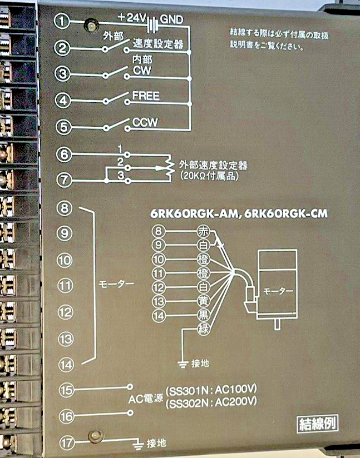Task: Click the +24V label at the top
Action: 132,18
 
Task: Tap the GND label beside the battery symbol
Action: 172,19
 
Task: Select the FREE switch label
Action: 146,96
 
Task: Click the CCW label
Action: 145,122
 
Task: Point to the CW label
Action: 142,71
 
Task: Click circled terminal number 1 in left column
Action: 62,21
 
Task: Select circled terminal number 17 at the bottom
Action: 67,443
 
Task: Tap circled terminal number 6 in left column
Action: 64,155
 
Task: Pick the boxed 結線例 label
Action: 318,424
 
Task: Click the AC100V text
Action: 236,390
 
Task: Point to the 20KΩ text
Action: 194,176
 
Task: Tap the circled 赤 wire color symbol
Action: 203,231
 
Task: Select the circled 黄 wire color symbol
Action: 203,301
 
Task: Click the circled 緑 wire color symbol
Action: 203,329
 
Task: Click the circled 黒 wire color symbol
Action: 203,315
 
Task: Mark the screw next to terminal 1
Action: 91,26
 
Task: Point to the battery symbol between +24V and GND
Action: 152,24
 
